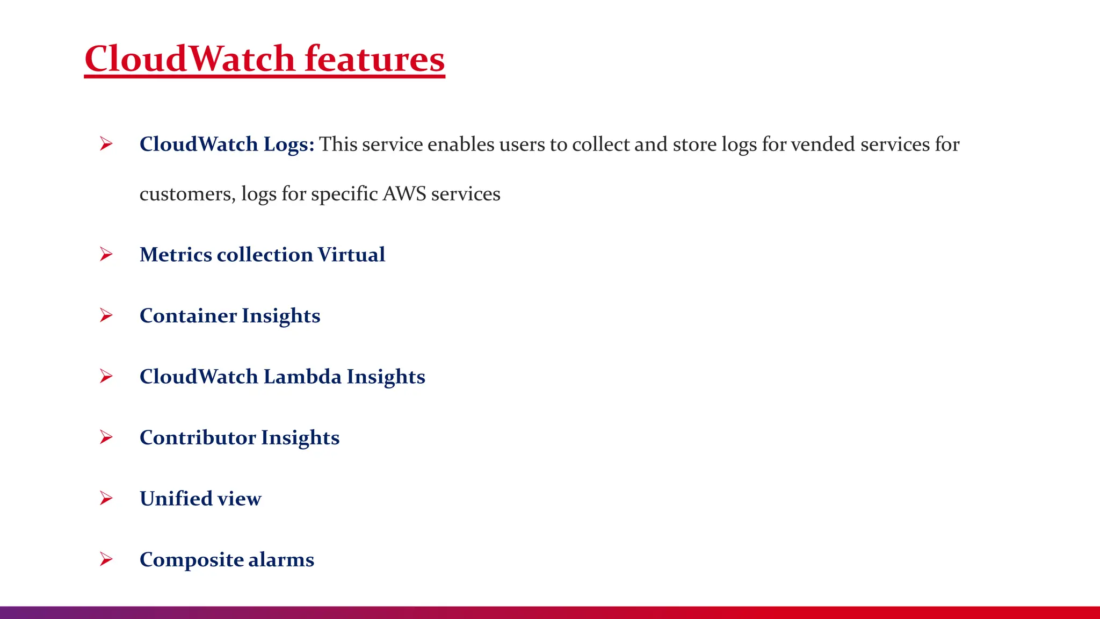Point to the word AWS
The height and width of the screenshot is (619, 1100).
tap(404, 193)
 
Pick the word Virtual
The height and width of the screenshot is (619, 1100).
tap(351, 254)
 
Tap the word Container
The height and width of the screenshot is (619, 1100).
tap(188, 315)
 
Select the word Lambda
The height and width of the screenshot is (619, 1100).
tap(302, 377)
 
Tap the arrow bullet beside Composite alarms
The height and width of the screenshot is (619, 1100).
tap(106, 559)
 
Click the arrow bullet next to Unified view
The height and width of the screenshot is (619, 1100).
tap(106, 499)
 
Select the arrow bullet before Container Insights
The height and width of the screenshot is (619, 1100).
tap(106, 315)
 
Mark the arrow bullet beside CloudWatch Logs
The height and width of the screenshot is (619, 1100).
tap(106, 144)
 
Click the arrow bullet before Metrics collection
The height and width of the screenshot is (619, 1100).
tap(106, 254)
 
